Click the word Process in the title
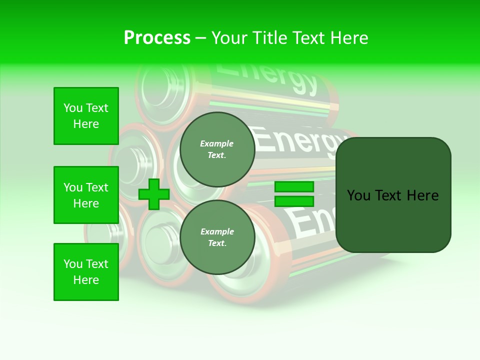pyautogui.click(x=157, y=38)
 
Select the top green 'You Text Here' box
pyautogui.click(x=86, y=116)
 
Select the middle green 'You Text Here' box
pyautogui.click(x=86, y=195)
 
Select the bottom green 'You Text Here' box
pyautogui.click(x=86, y=271)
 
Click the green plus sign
pyautogui.click(x=154, y=194)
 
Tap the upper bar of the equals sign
pyautogui.click(x=294, y=187)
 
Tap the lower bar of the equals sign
pyautogui.click(x=294, y=201)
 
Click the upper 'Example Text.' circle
pyautogui.click(x=217, y=149)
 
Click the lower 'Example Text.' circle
pyautogui.click(x=217, y=237)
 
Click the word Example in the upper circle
pyautogui.click(x=217, y=143)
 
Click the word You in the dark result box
pyautogui.click(x=359, y=195)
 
